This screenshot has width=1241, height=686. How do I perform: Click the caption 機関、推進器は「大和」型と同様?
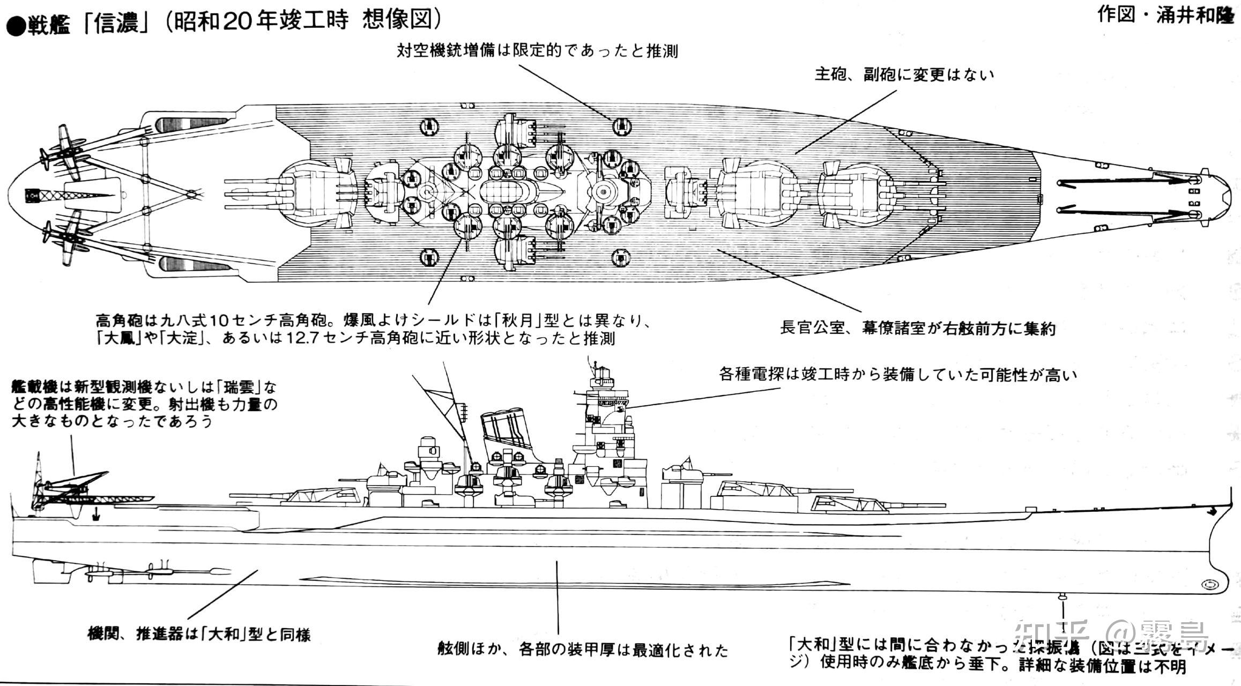tap(199, 635)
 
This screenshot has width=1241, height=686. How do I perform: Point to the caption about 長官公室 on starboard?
tap(917, 327)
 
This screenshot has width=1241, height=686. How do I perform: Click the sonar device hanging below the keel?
tap(1063, 596)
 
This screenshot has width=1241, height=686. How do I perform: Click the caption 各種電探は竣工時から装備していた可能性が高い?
tap(897, 374)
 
